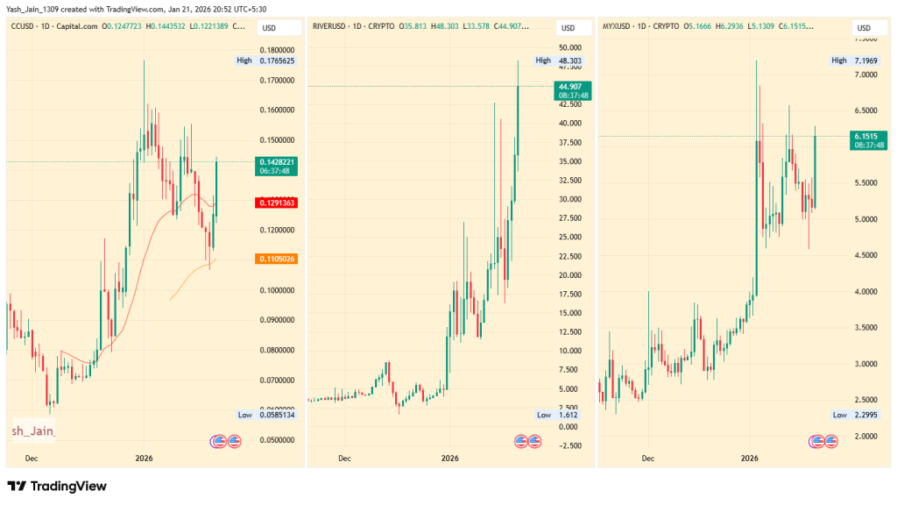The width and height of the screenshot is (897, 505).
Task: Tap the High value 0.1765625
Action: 276,60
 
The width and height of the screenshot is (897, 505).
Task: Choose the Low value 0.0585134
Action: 276,415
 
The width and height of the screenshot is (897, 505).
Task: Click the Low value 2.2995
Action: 865,415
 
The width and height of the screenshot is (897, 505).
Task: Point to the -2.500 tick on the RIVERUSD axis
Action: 572,445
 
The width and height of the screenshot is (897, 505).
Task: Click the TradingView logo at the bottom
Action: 57,486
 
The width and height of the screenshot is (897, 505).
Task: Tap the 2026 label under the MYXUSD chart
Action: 749,458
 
